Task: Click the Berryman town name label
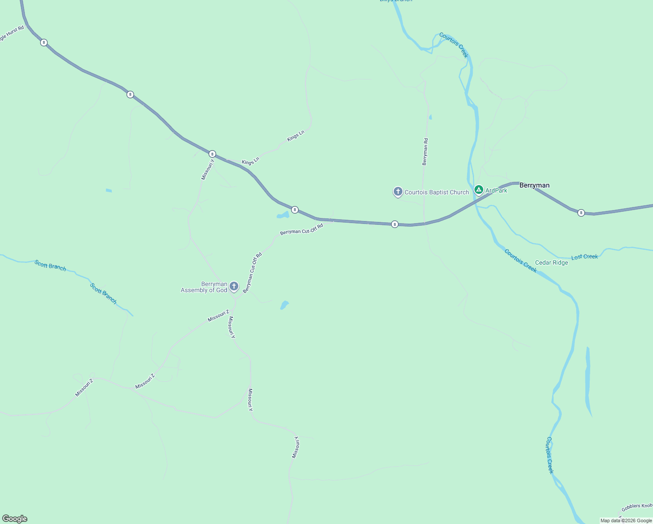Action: pos(534,185)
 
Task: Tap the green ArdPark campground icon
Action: pos(479,190)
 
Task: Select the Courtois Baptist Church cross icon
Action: pos(398,191)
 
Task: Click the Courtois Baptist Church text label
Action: pos(436,192)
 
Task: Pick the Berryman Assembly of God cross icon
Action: pos(234,286)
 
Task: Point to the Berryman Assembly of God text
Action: pos(204,287)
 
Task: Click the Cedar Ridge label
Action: pos(551,262)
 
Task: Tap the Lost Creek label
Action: pos(584,257)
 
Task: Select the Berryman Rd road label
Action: pos(425,152)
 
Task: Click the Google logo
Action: pos(14,519)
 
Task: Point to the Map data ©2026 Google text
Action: pos(626,521)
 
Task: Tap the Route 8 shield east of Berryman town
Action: pos(581,213)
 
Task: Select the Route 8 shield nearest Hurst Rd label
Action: pos(44,42)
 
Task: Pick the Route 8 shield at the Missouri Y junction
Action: pos(212,154)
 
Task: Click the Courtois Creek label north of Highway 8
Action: pos(454,45)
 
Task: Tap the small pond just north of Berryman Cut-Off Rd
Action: pos(283,215)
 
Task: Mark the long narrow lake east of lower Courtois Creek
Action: pos(588,380)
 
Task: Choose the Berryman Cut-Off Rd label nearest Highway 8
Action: pos(302,229)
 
